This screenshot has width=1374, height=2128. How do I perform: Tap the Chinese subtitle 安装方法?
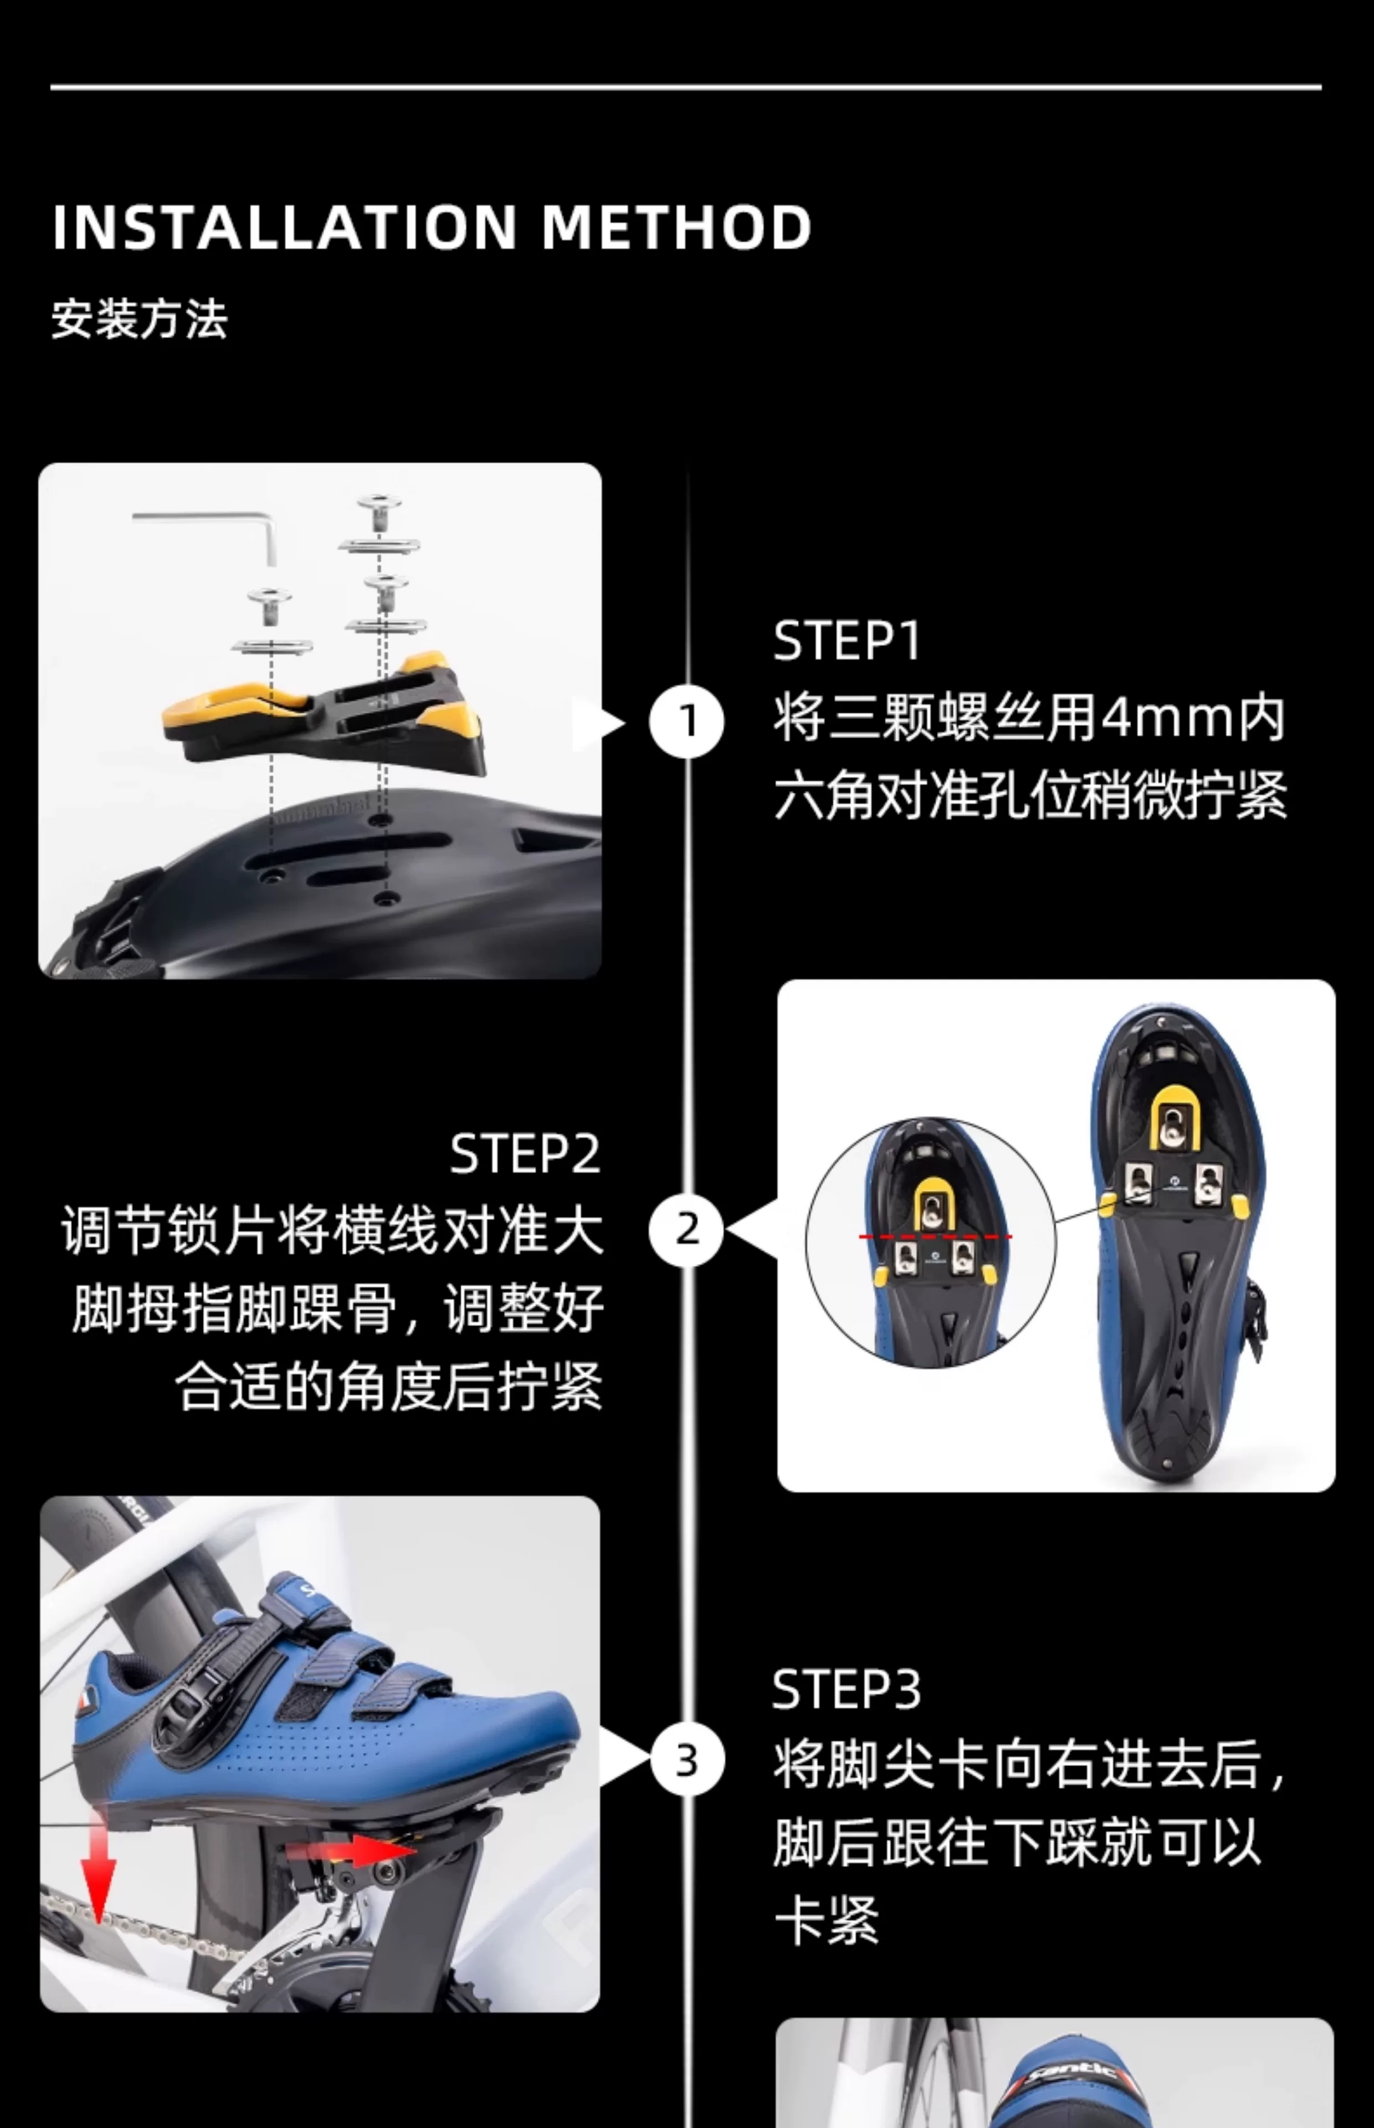(x=139, y=319)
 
